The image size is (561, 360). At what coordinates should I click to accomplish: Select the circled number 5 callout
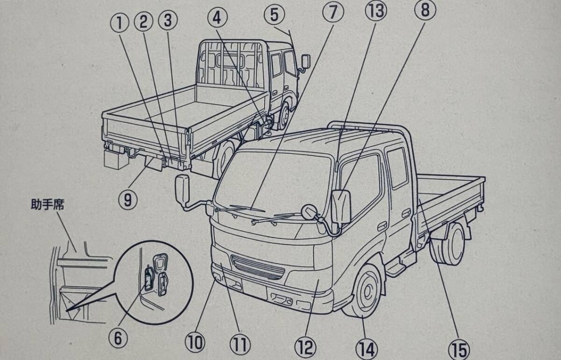274,15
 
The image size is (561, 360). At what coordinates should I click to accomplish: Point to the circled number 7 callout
333,12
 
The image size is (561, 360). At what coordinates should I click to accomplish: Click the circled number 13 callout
376,11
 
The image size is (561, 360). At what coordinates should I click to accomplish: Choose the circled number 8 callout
425,10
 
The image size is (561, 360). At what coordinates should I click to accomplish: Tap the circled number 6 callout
118,337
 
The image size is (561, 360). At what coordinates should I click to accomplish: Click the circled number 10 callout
195,342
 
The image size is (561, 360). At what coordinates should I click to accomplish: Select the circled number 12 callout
306,347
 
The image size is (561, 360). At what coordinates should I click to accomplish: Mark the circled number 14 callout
367,349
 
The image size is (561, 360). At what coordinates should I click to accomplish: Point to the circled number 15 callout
459,350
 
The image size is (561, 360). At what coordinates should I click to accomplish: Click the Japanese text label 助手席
48,204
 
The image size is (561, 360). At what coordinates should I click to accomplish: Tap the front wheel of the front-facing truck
363,291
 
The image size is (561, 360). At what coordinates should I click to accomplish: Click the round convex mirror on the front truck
310,211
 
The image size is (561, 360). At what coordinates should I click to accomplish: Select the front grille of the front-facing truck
258,267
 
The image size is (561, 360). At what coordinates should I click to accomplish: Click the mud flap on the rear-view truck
153,164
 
